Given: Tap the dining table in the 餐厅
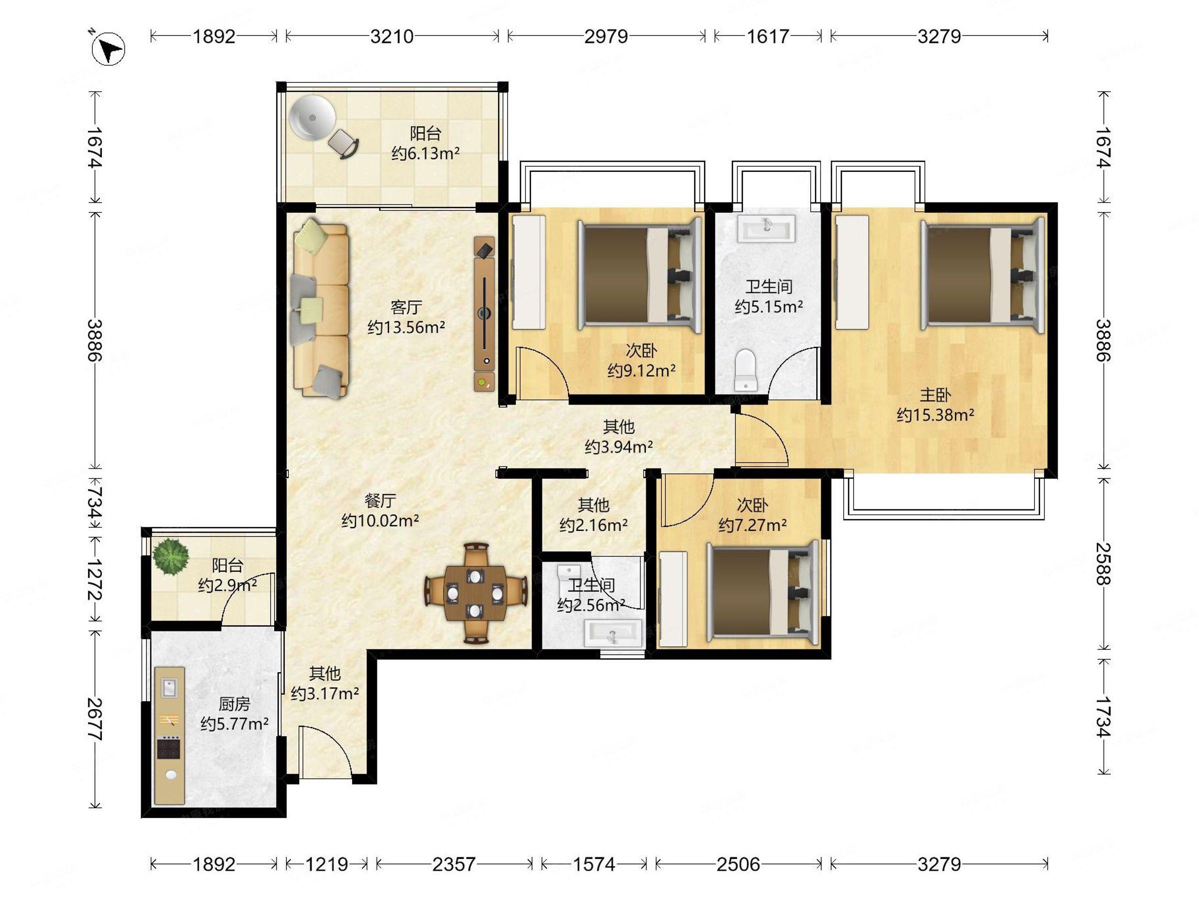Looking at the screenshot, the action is click(476, 593).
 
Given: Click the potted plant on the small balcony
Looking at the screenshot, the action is click(170, 555).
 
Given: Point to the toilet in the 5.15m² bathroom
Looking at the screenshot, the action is click(746, 370).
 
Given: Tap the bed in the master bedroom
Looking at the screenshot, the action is click(983, 276).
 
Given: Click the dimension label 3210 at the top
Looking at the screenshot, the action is click(391, 36).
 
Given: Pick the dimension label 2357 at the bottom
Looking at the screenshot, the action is click(454, 864).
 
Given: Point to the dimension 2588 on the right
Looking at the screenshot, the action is click(1103, 564).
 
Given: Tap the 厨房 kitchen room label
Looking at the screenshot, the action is click(234, 704).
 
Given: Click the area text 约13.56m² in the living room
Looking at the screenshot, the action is click(407, 327).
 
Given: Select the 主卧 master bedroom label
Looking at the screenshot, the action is click(935, 395).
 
